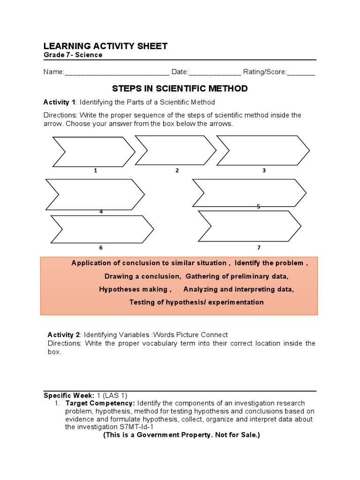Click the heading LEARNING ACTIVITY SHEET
click(105, 45)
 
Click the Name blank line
click(117, 73)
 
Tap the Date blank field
click(215, 73)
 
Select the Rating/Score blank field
click(300, 73)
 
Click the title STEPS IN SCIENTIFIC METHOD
click(180, 89)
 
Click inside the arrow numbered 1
click(94, 151)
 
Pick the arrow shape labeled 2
click(175, 150)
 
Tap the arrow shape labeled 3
click(262, 150)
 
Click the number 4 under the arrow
click(101, 212)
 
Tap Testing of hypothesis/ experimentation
click(196, 302)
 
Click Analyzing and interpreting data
click(239, 289)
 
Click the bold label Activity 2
click(64, 335)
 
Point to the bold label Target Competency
click(100, 403)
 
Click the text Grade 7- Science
click(73, 55)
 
